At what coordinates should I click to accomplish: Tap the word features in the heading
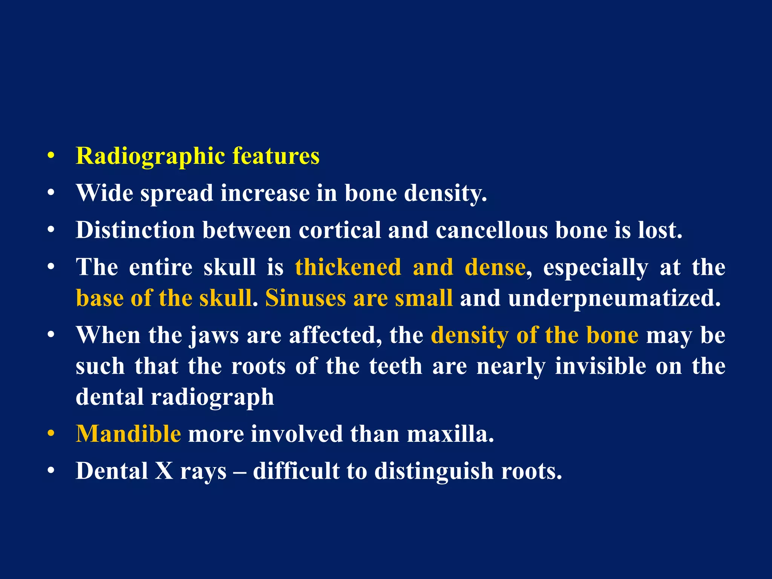point(276,156)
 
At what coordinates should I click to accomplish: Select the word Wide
point(104,193)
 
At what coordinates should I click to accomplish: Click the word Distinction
point(135,230)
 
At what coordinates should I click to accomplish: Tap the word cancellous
point(492,230)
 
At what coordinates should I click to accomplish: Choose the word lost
point(660,230)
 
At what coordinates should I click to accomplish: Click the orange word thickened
point(348,267)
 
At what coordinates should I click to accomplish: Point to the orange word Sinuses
point(305,298)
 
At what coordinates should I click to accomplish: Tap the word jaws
point(214,335)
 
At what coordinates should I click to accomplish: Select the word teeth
point(395,366)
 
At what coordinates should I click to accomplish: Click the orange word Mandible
point(128,434)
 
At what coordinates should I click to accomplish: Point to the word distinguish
point(433,472)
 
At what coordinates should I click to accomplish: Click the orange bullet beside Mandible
point(51,434)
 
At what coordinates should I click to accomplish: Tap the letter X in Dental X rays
point(164,471)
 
